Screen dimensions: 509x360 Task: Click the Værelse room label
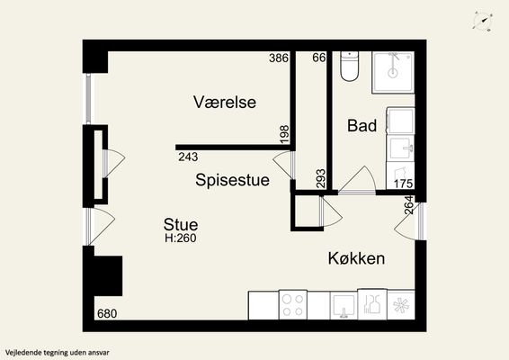(x=225, y=102)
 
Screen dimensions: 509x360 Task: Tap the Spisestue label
(x=232, y=180)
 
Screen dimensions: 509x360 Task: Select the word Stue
(x=181, y=224)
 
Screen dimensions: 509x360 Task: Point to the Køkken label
(x=356, y=258)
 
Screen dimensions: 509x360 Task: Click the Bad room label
(x=362, y=125)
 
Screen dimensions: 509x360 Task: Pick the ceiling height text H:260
(x=181, y=238)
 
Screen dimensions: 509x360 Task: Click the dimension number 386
(x=279, y=58)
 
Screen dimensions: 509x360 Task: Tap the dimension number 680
(x=107, y=313)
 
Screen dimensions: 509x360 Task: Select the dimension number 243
(x=188, y=157)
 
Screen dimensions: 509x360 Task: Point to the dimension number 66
(x=318, y=58)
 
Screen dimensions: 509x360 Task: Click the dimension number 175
(x=403, y=184)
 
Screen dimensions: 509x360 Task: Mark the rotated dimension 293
(x=321, y=178)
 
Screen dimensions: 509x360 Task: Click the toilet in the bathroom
(x=349, y=66)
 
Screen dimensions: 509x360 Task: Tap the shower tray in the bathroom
(x=393, y=73)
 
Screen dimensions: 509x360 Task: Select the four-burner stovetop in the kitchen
(x=293, y=305)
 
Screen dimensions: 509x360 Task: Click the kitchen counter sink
(x=344, y=306)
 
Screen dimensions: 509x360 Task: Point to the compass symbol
(x=483, y=21)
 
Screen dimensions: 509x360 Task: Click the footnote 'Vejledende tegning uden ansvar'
(x=58, y=352)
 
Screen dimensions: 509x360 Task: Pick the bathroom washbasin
(x=400, y=148)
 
